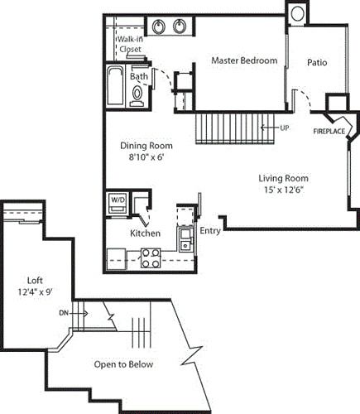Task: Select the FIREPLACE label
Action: pyautogui.click(x=329, y=131)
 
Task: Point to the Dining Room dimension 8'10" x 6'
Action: pyautogui.click(x=148, y=156)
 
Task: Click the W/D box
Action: pyautogui.click(x=117, y=200)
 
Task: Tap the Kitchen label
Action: pyautogui.click(x=145, y=233)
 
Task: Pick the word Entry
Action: pyautogui.click(x=210, y=231)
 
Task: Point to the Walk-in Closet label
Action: pyautogui.click(x=129, y=44)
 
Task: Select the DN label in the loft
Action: pyautogui.click(x=64, y=313)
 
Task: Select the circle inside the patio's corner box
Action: pyautogui.click(x=297, y=14)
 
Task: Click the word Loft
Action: pyautogui.click(x=34, y=280)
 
